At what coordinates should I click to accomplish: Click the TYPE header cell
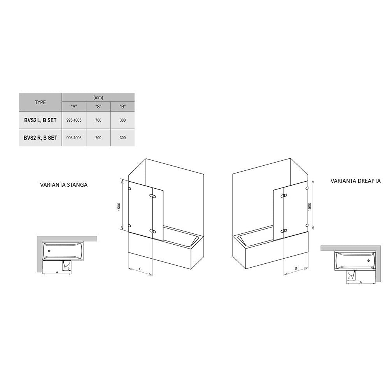[x=40, y=102]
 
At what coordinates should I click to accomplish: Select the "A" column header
[x=74, y=107]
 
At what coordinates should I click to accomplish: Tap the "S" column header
[x=98, y=107]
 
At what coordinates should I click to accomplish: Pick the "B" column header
[x=123, y=107]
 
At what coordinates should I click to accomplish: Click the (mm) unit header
[x=98, y=98]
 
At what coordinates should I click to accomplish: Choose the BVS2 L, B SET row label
[x=40, y=120]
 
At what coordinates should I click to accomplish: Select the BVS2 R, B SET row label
[x=40, y=138]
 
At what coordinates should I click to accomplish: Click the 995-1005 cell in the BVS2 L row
[x=74, y=120]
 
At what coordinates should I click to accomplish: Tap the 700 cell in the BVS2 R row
[x=98, y=138]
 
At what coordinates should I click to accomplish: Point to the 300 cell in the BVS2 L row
[x=123, y=120]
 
